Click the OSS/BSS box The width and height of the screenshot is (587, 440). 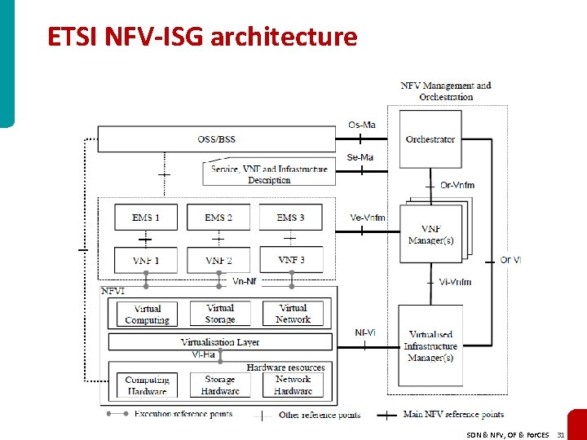[x=216, y=139]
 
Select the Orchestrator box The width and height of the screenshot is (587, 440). [x=430, y=139]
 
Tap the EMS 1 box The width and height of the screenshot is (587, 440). [x=146, y=218]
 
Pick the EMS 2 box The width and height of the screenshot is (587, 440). [x=218, y=218]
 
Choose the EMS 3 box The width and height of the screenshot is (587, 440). [x=291, y=218]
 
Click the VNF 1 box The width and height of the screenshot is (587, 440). [x=146, y=260]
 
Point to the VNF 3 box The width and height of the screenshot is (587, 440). [x=291, y=260]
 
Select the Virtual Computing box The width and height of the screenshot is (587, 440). [x=147, y=314]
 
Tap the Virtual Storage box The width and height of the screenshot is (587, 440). [x=219, y=314]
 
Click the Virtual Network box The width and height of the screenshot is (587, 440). [x=293, y=314]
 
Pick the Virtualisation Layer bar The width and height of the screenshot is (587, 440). [x=220, y=342]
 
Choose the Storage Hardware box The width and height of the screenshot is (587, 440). [x=219, y=385]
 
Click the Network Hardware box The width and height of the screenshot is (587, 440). [x=293, y=385]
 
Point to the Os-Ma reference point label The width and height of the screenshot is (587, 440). [x=362, y=125]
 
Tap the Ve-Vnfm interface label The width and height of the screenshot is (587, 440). [x=368, y=218]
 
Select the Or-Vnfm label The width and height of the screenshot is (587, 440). [x=457, y=185]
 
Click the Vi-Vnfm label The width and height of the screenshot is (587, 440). [x=455, y=282]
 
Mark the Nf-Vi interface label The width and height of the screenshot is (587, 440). [x=365, y=332]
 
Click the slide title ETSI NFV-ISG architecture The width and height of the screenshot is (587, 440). [x=202, y=37]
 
